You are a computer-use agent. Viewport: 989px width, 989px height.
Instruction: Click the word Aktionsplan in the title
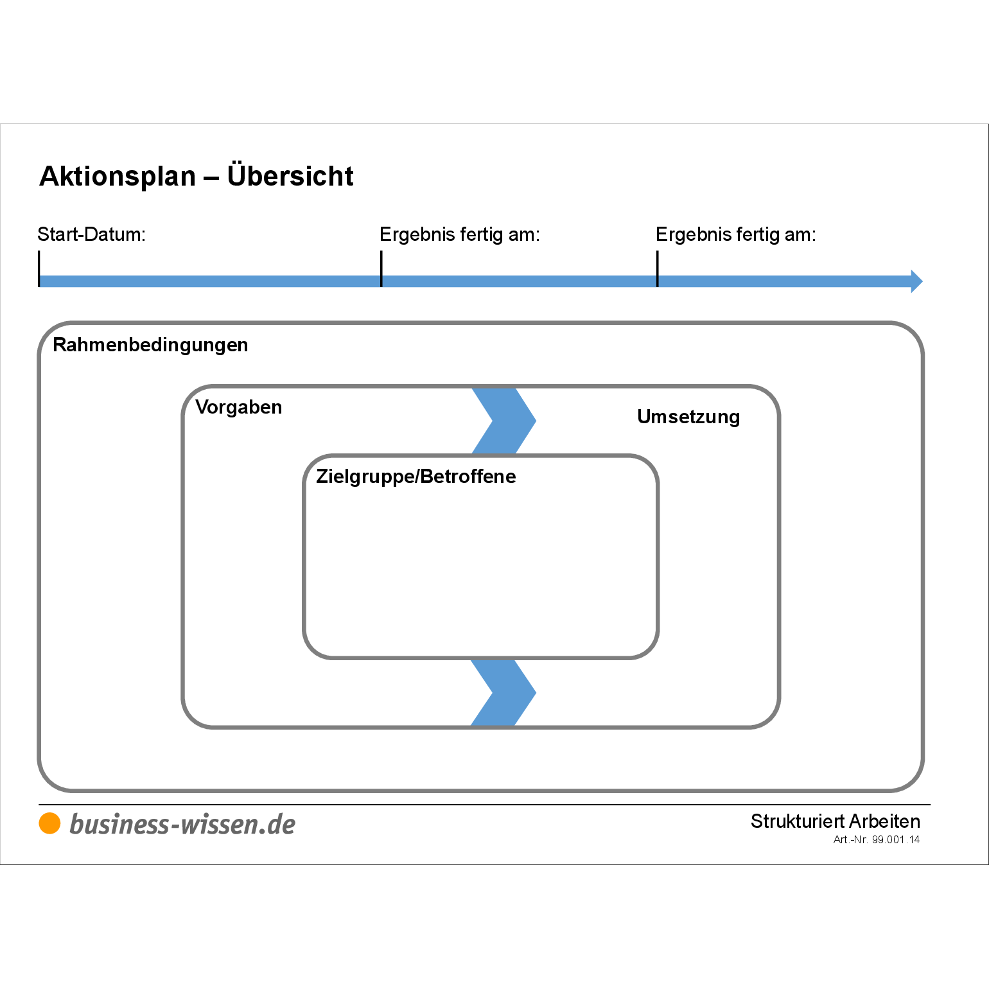coord(118,177)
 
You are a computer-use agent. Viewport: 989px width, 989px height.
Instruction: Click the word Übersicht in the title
coord(290,176)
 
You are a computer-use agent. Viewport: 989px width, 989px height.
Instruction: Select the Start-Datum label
coord(91,234)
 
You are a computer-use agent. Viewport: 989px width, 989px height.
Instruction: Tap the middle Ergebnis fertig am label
coord(459,234)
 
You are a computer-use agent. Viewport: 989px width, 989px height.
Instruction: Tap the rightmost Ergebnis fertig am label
coord(735,234)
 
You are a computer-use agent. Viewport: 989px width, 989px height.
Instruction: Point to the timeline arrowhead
coord(916,281)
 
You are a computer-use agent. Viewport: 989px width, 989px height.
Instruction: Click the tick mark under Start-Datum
coord(39,268)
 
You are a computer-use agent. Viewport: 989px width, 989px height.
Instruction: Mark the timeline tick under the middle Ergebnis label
coord(381,268)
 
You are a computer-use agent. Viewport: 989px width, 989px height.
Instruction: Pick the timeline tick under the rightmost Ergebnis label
coord(658,268)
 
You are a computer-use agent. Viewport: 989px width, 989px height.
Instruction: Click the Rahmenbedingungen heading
coord(150,345)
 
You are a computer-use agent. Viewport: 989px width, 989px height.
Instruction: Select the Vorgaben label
coord(238,407)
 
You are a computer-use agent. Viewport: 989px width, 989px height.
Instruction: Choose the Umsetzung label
coord(688,417)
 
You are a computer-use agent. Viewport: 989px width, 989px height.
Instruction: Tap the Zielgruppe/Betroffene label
coord(416,477)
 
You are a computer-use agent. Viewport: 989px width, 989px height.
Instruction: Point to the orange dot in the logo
coord(49,823)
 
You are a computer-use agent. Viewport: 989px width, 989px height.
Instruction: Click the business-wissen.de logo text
coord(182,825)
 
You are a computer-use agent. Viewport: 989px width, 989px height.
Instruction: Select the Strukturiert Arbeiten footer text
coord(835,821)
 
